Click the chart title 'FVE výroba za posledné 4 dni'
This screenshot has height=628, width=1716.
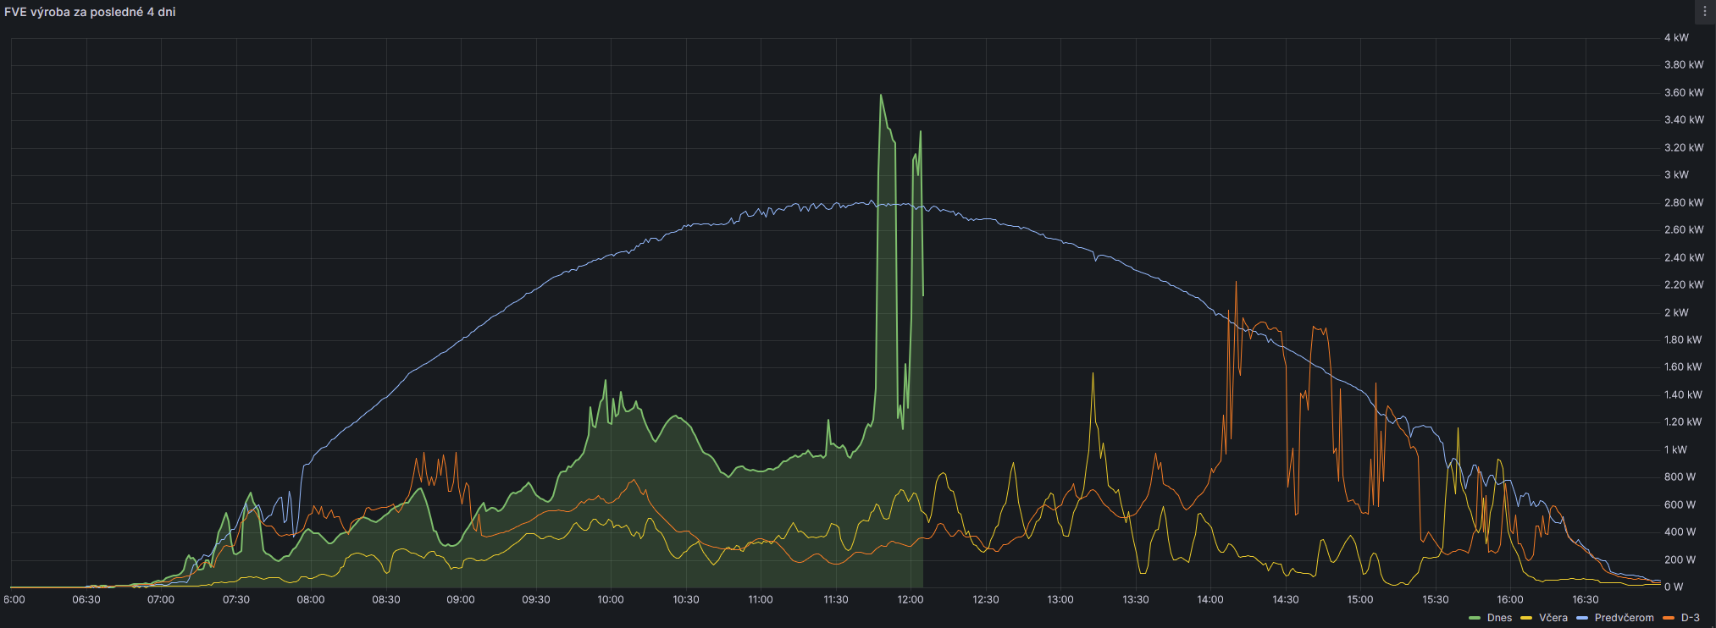click(90, 12)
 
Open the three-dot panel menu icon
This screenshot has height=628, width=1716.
click(1704, 12)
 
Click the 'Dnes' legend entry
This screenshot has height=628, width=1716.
click(1498, 618)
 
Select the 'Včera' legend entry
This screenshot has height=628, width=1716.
click(1553, 618)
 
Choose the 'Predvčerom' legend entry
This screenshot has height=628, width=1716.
click(1623, 618)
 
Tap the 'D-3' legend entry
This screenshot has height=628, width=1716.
click(1690, 618)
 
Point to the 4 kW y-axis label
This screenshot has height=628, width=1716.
click(1675, 37)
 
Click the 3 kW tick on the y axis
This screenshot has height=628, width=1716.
click(1675, 174)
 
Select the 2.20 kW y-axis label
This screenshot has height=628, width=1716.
click(1683, 284)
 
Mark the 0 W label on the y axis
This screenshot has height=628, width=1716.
click(1673, 587)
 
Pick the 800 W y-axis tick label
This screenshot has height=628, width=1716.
click(1680, 477)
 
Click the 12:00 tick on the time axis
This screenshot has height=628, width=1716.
click(911, 599)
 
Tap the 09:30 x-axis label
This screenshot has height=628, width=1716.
click(535, 599)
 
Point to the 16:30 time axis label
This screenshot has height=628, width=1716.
click(1585, 599)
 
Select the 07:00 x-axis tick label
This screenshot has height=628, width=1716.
click(161, 599)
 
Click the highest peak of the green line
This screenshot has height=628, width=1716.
click(881, 95)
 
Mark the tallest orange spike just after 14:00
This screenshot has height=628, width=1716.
click(1236, 283)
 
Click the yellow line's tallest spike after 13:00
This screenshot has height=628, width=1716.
click(1093, 373)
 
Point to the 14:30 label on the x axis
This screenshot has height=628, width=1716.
click(1285, 599)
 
